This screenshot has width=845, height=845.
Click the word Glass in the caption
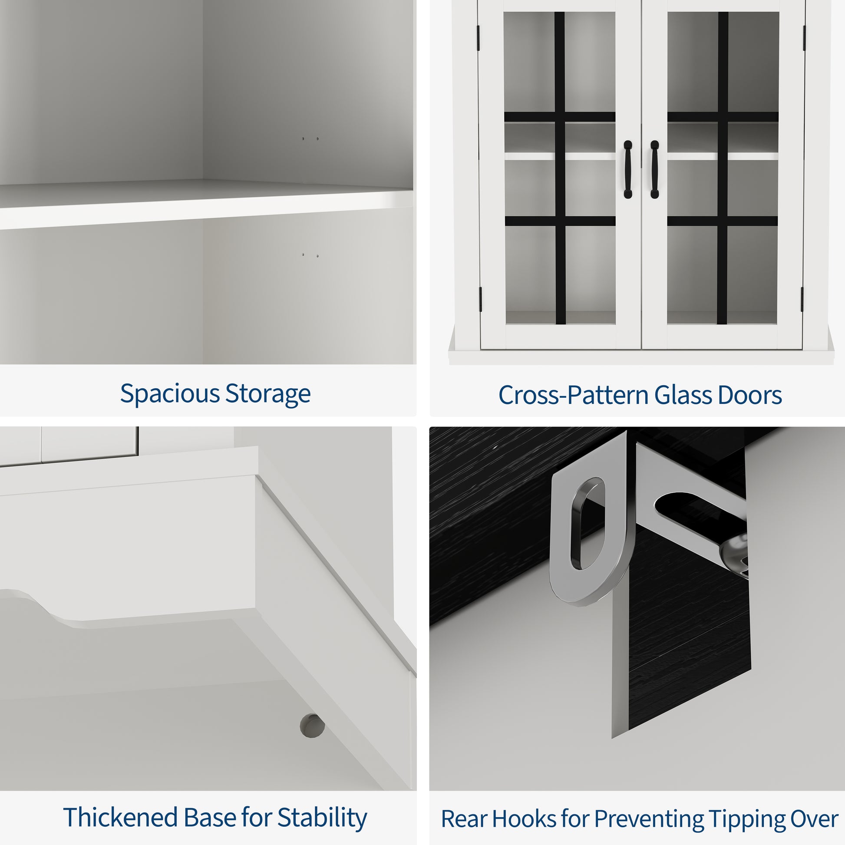[683, 396]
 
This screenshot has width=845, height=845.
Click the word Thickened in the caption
[121, 817]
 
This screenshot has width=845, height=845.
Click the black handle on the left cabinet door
[627, 169]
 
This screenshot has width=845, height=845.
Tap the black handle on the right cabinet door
[655, 169]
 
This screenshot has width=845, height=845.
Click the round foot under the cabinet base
[312, 726]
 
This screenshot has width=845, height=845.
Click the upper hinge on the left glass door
[479, 37]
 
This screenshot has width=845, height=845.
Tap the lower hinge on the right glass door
[802, 299]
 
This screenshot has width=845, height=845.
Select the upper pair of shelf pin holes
[310, 139]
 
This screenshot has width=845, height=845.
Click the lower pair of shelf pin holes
[310, 255]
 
